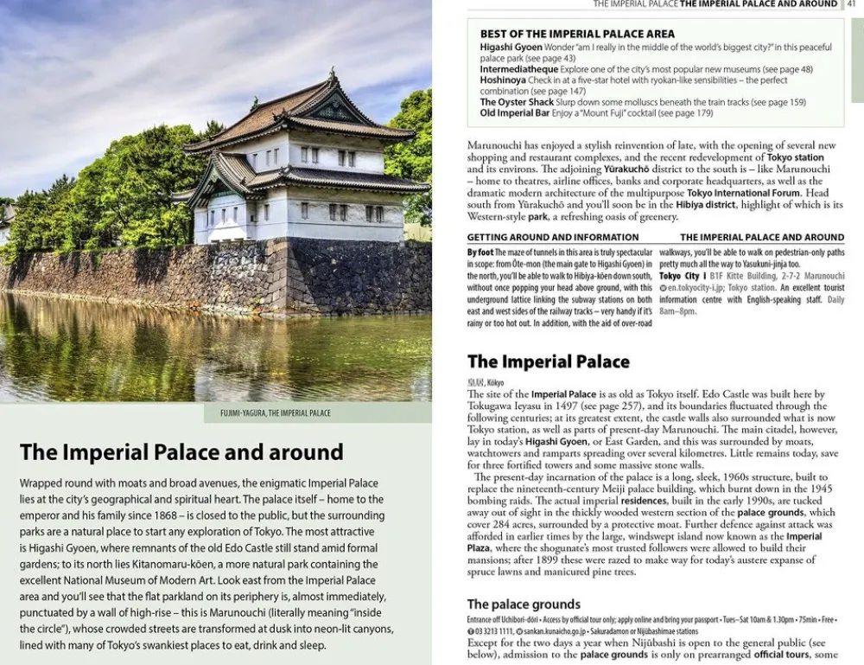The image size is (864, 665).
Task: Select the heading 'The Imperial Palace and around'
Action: pyautogui.click(x=181, y=452)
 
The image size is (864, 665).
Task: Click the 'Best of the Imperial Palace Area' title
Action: pyautogui.click(x=577, y=34)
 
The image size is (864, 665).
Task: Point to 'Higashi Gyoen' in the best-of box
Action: pyautogui.click(x=511, y=47)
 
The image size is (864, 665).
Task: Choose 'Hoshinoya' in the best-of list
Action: pyautogui.click(x=503, y=80)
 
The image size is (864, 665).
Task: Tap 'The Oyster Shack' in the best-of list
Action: pyautogui.click(x=517, y=102)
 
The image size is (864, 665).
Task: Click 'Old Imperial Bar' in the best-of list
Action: pyautogui.click(x=515, y=113)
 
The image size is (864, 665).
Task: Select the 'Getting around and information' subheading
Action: pyautogui.click(x=553, y=237)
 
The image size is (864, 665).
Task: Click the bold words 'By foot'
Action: pyautogui.click(x=480, y=253)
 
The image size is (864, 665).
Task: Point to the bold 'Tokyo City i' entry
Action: pyautogui.click(x=682, y=276)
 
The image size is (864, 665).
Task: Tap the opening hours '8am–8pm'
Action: pyautogui.click(x=677, y=311)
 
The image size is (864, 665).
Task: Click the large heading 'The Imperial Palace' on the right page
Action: pyautogui.click(x=549, y=361)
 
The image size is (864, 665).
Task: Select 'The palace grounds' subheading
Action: pyautogui.click(x=524, y=604)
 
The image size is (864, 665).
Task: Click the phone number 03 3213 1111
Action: pyautogui.click(x=494, y=631)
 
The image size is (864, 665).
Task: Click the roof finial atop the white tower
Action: pyautogui.click(x=332, y=74)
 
